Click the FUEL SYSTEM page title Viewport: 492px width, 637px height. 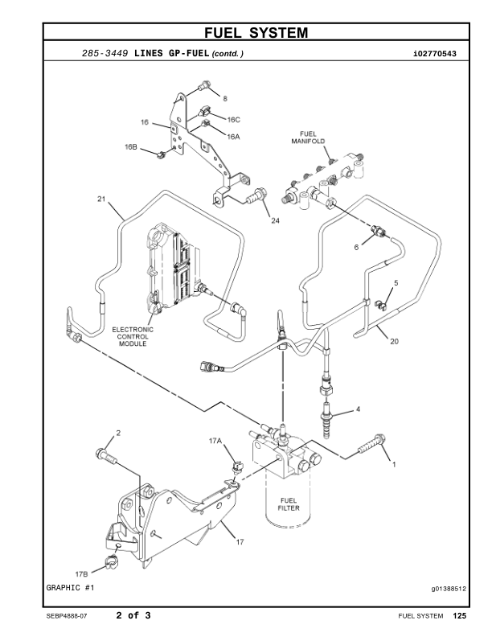[256, 33]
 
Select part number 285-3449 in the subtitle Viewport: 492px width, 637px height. [106, 54]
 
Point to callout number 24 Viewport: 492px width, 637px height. [275, 220]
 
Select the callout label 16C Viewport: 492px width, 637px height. [233, 119]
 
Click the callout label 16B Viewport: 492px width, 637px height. [131, 147]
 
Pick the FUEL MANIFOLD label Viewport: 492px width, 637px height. [308, 137]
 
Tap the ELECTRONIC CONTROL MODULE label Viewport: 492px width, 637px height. [133, 336]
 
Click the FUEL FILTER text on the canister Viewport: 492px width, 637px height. [289, 503]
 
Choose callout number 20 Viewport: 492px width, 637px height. [394, 340]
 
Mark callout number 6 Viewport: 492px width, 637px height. [356, 248]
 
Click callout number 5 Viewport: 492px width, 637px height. [396, 283]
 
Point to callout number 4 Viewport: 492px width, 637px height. [359, 409]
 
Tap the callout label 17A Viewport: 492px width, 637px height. [215, 441]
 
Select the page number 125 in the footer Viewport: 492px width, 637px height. [459, 616]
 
